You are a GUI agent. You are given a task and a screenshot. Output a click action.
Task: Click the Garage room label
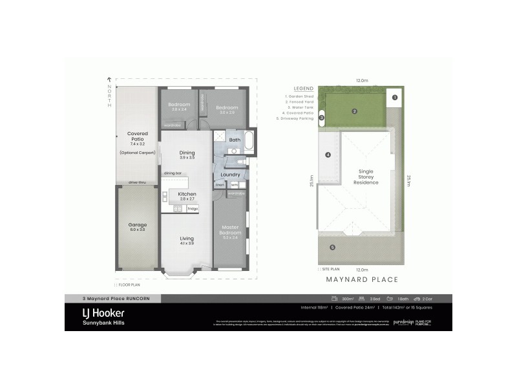[x=137, y=227]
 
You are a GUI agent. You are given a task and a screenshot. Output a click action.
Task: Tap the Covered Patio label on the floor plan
[x=137, y=138]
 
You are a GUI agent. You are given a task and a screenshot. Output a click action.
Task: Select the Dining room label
[x=187, y=155]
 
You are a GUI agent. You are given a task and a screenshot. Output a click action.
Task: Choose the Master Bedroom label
[x=231, y=230]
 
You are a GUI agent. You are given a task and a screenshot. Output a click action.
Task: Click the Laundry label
[x=231, y=175]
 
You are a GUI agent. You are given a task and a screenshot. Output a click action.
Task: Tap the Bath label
[x=234, y=140]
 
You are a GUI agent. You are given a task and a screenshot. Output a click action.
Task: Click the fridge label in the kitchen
[x=193, y=209]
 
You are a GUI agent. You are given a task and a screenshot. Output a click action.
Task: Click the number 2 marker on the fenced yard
[x=354, y=111]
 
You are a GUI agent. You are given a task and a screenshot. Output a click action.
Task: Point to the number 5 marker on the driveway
[x=333, y=247]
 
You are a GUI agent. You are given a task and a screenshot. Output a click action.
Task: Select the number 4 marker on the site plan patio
[x=328, y=155]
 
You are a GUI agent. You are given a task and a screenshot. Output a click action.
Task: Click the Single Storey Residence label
[x=366, y=177]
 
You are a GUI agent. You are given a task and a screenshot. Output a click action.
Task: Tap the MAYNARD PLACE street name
[x=362, y=279]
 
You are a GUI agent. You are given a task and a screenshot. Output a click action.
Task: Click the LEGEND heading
[x=303, y=89]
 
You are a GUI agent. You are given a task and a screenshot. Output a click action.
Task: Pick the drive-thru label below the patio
[x=136, y=182]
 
